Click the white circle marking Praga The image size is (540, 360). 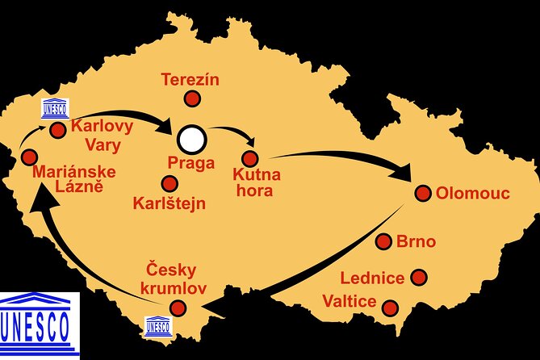(192, 139)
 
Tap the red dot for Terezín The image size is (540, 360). (191, 99)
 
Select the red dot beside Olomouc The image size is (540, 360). (422, 192)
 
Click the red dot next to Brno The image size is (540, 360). (385, 241)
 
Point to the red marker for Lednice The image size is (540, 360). (418, 277)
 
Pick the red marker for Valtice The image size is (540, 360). (390, 308)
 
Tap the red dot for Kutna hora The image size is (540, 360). (249, 158)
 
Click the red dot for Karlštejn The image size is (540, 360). (170, 184)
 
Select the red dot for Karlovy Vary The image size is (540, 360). (57, 129)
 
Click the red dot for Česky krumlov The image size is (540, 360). (178, 308)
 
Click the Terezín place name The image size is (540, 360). (190, 80)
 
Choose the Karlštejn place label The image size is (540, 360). (169, 203)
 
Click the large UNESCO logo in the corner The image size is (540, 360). (39, 320)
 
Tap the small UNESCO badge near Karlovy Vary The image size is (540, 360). (55, 109)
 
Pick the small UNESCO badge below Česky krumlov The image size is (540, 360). (157, 325)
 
